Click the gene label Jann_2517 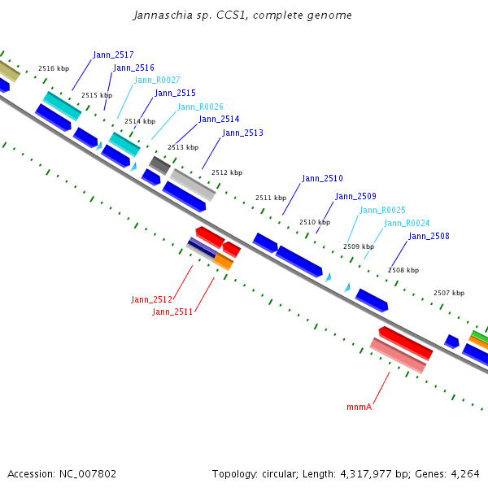[113, 55]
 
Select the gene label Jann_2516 [133, 68]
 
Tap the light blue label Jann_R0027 [156, 80]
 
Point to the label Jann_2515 [175, 94]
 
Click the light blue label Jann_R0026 [200, 107]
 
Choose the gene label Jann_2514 [219, 120]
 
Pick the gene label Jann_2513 [242, 133]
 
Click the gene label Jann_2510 [322, 179]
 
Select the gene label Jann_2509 [355, 197]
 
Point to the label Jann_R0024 [407, 224]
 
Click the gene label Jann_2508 [429, 237]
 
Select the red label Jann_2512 [152, 300]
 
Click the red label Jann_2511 [172, 312]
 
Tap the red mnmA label [359, 407]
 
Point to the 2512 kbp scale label [227, 173]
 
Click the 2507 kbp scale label [449, 293]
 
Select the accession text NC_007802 [61, 473]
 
